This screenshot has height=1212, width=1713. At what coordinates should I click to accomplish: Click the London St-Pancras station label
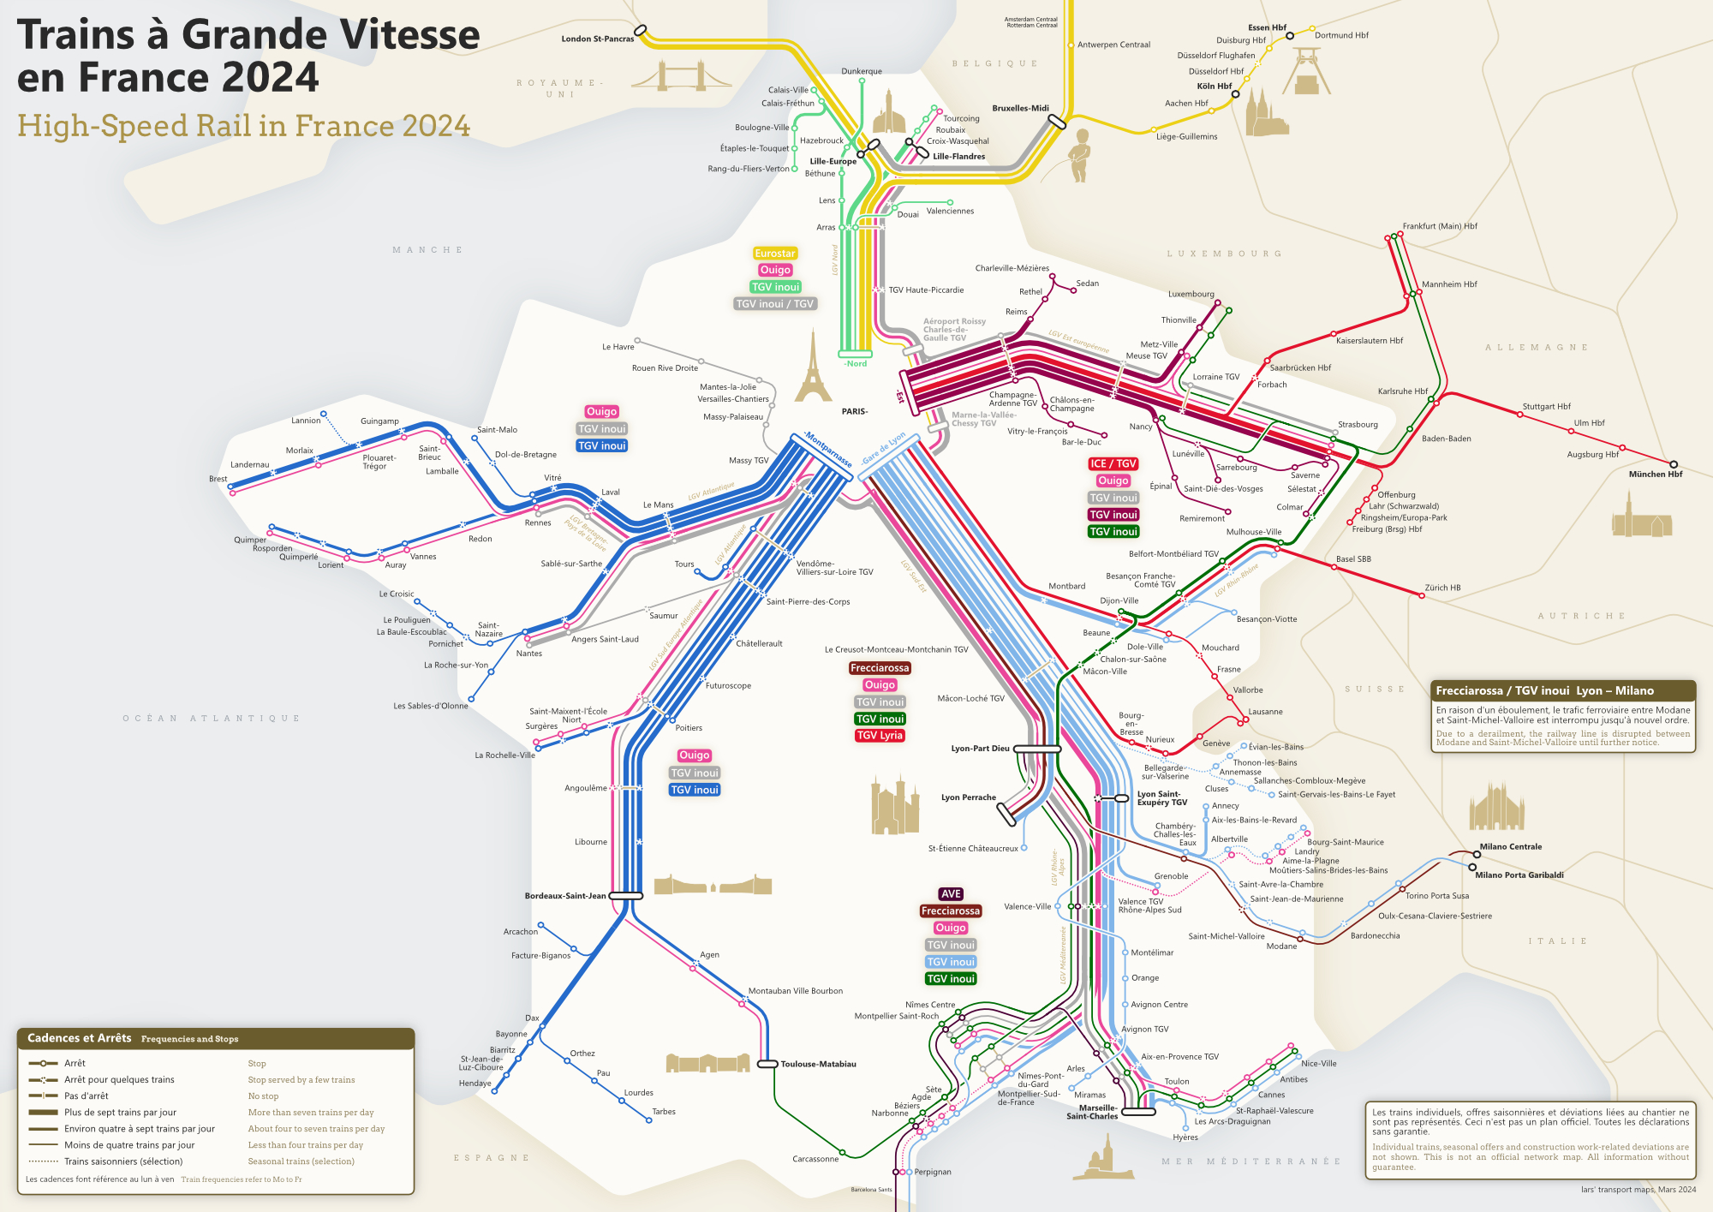point(597,39)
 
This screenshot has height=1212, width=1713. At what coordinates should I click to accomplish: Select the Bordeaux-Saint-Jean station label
point(564,896)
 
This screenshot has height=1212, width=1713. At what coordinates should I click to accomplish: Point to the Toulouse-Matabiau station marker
point(767,1064)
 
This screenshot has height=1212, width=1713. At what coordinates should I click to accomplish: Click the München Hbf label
point(1655,474)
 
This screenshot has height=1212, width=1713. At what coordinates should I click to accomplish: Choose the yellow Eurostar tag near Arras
point(775,254)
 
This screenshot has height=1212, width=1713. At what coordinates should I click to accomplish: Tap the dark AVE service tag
point(951,893)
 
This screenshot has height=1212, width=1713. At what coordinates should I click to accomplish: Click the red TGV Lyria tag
point(880,736)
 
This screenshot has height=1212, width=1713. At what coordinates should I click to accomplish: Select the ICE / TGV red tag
point(1113,464)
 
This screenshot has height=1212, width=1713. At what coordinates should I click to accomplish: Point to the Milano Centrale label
point(1510,846)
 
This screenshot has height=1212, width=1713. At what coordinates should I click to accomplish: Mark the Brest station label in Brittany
point(218,479)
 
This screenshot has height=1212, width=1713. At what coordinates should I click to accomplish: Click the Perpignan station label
point(932,1172)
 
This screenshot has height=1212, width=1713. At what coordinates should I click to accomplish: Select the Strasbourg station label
point(1358,425)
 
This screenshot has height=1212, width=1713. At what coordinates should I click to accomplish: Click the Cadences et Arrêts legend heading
point(80,1038)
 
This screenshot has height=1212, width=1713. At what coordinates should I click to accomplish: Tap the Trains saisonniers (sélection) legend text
point(123,1161)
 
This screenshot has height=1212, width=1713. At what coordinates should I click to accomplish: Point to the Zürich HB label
point(1442,588)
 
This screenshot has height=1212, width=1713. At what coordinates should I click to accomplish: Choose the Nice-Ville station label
point(1318,1064)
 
